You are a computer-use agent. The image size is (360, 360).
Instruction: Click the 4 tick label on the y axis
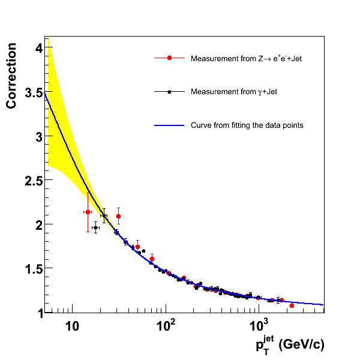click(x=38, y=49)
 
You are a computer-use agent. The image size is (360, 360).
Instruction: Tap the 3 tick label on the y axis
click(x=38, y=137)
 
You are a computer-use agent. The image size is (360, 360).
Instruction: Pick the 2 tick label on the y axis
click(x=38, y=225)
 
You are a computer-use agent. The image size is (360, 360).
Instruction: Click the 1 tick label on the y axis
click(x=38, y=313)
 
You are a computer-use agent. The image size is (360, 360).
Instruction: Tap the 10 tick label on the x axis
click(x=72, y=326)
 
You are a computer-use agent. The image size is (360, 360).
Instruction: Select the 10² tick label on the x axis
click(x=166, y=325)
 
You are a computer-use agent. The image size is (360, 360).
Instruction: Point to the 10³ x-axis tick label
click(x=258, y=325)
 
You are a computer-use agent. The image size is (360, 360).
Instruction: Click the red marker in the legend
click(x=169, y=58)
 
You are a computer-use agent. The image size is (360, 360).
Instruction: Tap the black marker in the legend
click(x=169, y=92)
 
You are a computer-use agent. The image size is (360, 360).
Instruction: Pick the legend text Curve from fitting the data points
click(x=247, y=125)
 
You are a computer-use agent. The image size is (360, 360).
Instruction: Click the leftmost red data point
click(x=88, y=212)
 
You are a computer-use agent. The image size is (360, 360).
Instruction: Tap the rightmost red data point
click(x=292, y=305)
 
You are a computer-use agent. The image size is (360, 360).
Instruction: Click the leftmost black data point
click(x=95, y=227)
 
